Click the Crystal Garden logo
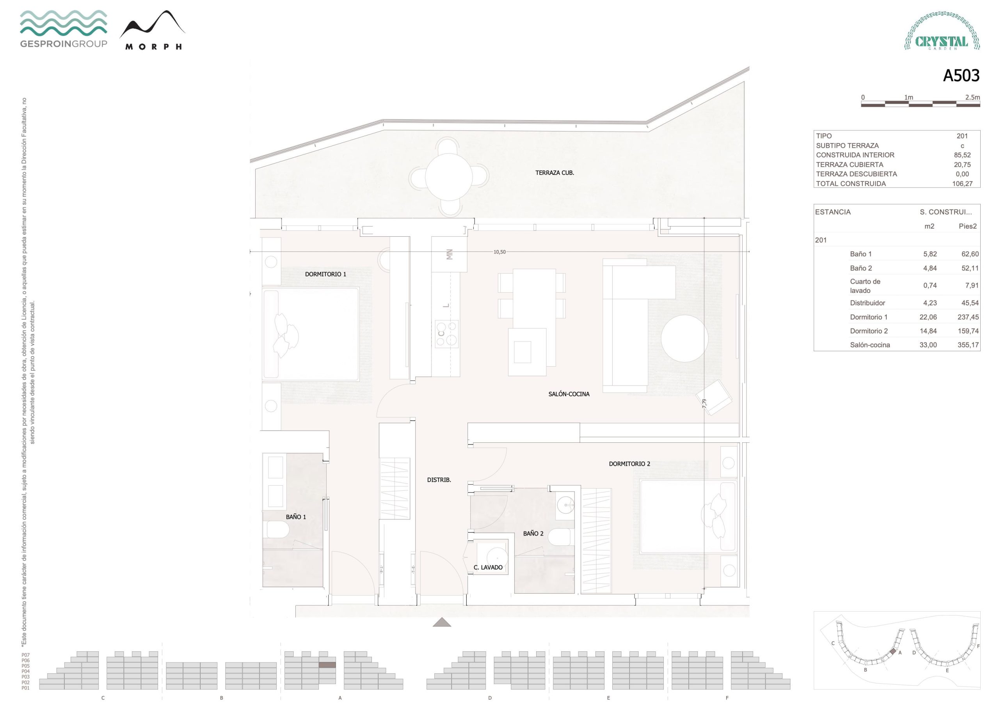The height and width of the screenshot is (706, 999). [x=942, y=31]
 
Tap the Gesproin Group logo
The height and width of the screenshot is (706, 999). [x=64, y=29]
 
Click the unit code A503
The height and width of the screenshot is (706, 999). [x=961, y=76]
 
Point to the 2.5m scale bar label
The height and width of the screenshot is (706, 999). [x=972, y=98]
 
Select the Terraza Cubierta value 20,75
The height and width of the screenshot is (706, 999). [x=962, y=165]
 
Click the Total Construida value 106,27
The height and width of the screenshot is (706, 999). [x=962, y=184]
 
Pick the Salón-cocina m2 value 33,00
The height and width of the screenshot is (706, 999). [x=928, y=345]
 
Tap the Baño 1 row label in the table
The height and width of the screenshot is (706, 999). [x=860, y=254]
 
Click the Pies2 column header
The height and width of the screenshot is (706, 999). [x=968, y=226]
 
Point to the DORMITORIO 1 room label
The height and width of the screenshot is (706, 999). [x=325, y=274]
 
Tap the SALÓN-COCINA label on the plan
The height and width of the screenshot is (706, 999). [x=569, y=394]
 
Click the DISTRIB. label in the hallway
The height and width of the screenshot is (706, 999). [x=439, y=480]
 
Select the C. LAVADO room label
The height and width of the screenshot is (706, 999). [x=488, y=567]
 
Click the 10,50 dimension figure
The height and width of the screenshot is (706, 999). [x=499, y=252]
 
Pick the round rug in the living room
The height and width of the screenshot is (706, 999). [x=684, y=339]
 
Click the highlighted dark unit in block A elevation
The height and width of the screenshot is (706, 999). [x=327, y=665]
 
